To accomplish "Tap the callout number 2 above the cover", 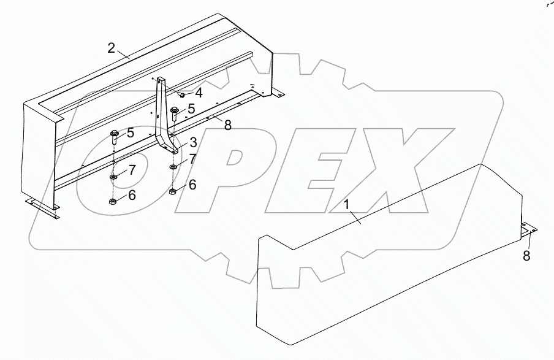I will tap(111, 48).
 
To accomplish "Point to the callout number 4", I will tap(199, 93).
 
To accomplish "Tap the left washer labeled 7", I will tap(114, 177).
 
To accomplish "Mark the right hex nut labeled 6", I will tap(173, 193).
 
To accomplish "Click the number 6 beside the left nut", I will tap(132, 196).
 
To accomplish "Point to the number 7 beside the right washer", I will tap(192, 159).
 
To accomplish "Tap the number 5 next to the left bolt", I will tap(131, 133).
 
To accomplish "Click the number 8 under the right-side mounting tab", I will tap(526, 255).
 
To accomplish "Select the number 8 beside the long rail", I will tap(227, 126).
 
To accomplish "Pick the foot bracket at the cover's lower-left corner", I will tap(43, 205).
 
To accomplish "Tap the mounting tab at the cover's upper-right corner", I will tap(278, 93).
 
